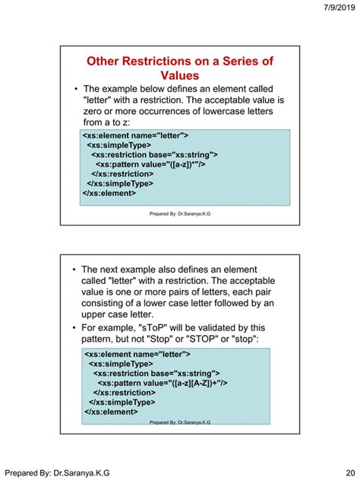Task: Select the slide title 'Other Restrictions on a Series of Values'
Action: point(180,68)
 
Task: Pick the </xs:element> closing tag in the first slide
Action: point(109,193)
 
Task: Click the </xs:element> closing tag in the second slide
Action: point(111,412)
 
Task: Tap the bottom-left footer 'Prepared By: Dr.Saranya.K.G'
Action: point(57,472)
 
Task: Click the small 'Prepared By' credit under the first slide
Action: point(180,215)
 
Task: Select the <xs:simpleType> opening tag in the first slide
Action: point(119,144)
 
